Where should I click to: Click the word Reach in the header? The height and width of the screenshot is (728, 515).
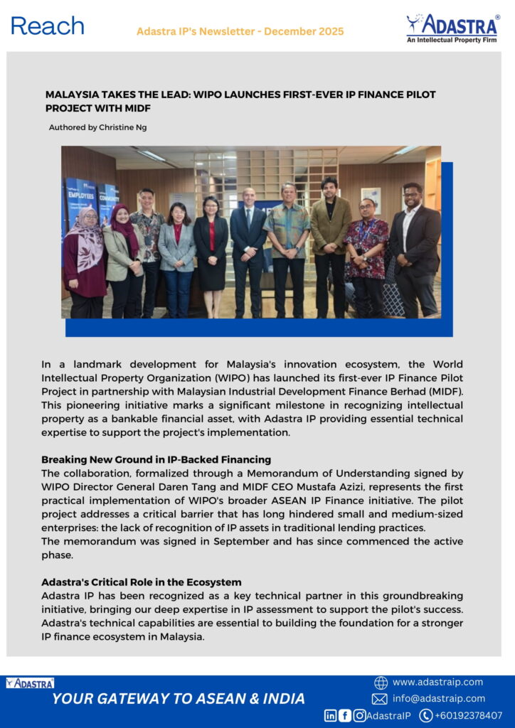click(x=48, y=26)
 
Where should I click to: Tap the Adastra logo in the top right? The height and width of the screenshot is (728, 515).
click(x=452, y=28)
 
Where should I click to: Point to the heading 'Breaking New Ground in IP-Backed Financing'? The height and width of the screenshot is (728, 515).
click(x=156, y=459)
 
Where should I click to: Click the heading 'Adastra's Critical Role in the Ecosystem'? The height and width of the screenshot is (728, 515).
click(x=141, y=582)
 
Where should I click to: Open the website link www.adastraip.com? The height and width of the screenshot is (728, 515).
click(x=437, y=682)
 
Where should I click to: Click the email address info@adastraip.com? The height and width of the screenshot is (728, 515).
click(x=438, y=698)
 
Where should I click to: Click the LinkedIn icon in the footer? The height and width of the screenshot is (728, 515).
click(x=331, y=715)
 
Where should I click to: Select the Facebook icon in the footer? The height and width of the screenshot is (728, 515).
click(x=345, y=715)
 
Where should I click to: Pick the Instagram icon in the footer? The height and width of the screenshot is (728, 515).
click(x=359, y=715)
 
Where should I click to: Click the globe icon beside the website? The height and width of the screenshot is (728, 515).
click(x=381, y=682)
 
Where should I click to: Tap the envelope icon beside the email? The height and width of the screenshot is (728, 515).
click(x=380, y=699)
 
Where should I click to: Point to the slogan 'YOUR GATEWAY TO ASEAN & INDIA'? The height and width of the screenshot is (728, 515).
click(x=179, y=698)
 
